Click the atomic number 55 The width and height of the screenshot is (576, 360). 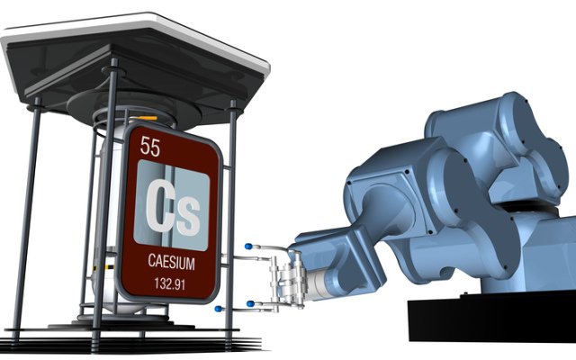pos(150,146)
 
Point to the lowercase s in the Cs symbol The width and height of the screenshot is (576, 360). pos(189,216)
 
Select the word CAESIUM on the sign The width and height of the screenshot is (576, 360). pos(171,262)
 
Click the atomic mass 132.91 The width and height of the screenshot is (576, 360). pos(170,283)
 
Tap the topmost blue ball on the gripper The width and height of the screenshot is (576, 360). pos(248,246)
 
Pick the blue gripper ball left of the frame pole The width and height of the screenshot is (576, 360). pos(219,309)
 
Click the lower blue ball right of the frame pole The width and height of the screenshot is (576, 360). pos(250,304)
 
